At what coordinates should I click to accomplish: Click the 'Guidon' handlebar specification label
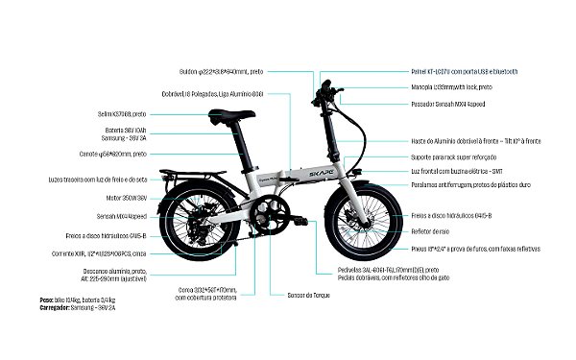(x=222, y=70)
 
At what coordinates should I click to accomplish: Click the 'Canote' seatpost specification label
(x=113, y=154)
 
